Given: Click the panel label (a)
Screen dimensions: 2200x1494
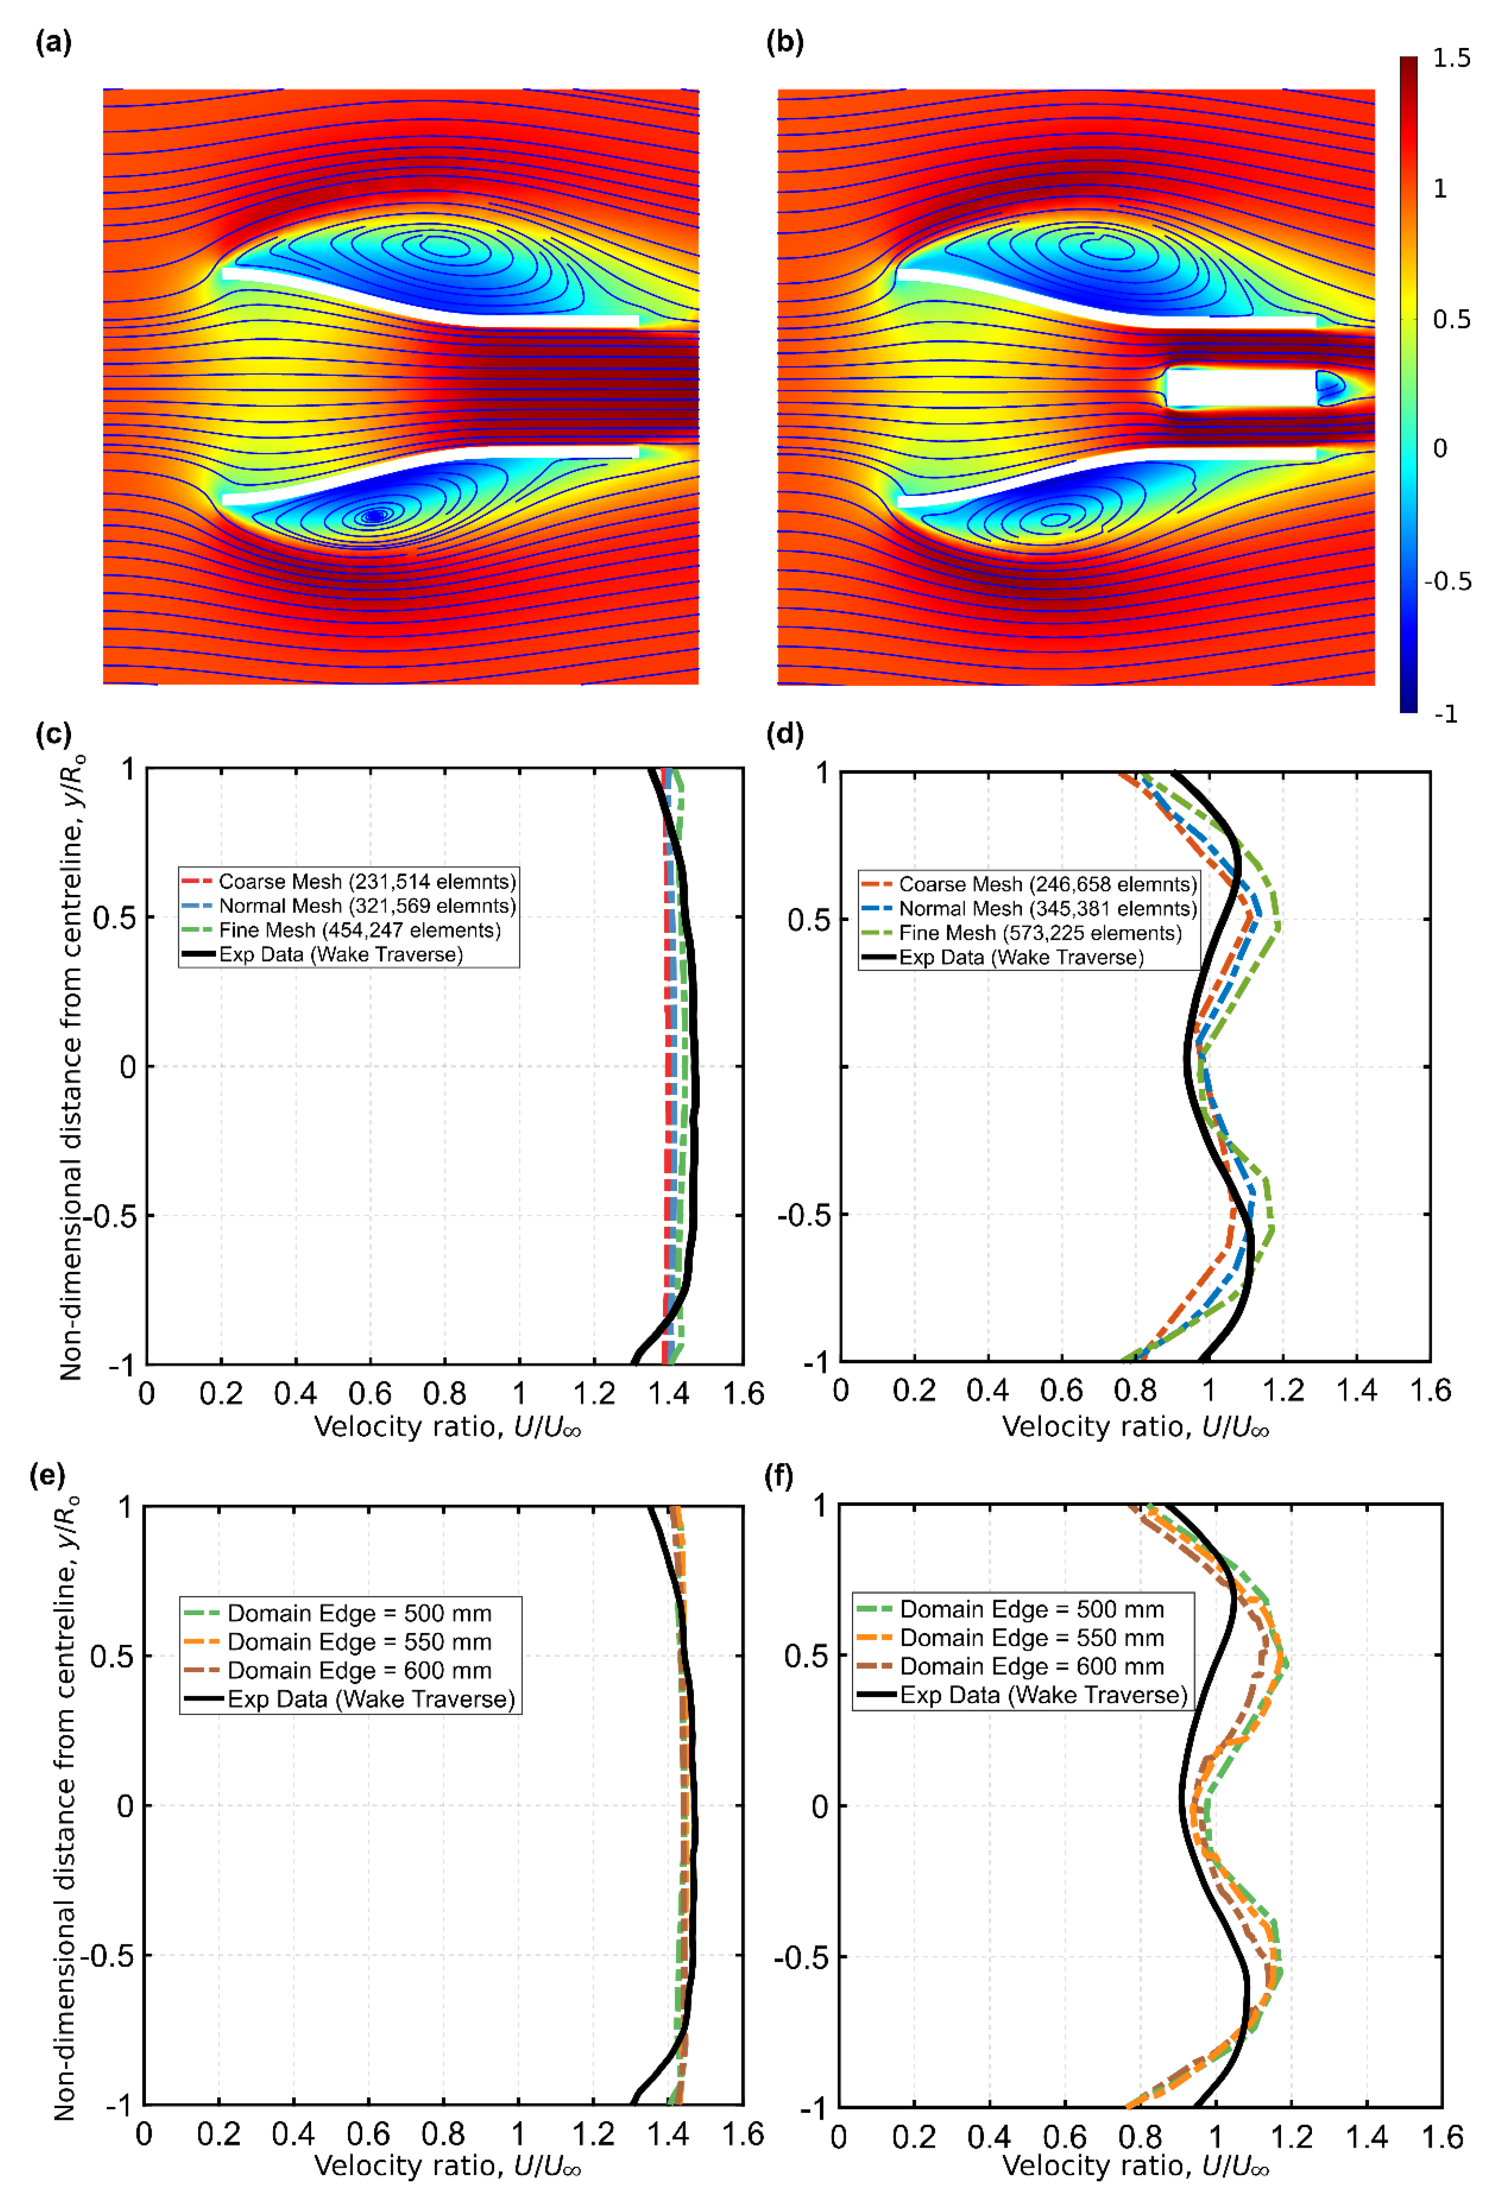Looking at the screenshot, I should (53, 43).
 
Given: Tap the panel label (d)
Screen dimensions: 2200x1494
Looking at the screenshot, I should (784, 734).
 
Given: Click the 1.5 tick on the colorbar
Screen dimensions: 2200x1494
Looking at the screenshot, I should (1450, 59).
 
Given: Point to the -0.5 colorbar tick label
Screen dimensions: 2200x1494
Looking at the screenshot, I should (1447, 581).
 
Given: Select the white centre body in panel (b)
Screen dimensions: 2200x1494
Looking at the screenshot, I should (1240, 388).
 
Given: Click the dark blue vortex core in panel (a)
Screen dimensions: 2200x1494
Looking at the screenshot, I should (375, 516).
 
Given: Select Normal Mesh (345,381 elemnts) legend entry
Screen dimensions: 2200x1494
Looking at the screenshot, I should (1047, 909).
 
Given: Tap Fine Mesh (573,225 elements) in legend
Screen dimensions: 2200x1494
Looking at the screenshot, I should (1040, 933).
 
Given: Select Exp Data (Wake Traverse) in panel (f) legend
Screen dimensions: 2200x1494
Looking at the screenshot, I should (1042, 1694).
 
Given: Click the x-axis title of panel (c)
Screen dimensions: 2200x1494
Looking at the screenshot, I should (447, 1427).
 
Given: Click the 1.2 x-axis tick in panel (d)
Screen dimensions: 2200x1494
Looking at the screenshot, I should (1283, 1390).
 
